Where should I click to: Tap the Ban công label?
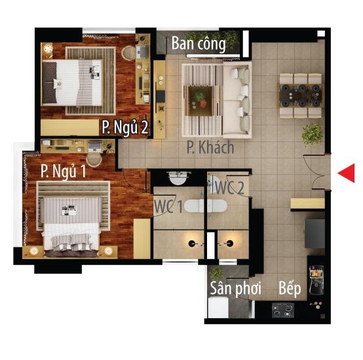[199, 44]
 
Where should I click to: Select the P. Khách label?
[210, 147]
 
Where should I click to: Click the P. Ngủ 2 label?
[125, 128]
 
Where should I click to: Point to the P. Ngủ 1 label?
[63, 171]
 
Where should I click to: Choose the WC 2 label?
[229, 187]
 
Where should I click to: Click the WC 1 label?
[168, 206]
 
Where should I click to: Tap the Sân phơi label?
[235, 289]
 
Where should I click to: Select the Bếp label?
[290, 288]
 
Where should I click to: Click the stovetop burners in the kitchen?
[283, 310]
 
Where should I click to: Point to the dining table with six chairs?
[301, 96]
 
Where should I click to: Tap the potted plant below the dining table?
[312, 135]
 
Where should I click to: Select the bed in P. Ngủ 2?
[72, 82]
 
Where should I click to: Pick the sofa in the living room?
[237, 100]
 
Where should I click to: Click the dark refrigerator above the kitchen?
[315, 234]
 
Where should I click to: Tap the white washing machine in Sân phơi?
[218, 308]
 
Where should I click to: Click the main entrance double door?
[318, 171]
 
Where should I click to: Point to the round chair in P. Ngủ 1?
[94, 159]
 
